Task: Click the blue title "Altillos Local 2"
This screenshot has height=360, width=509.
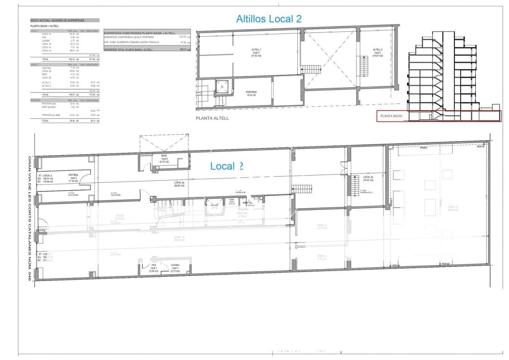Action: [x=269, y=19]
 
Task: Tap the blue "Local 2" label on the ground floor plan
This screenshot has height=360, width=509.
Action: [x=227, y=166]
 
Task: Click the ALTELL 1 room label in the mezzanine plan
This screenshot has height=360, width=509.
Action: [x=256, y=53]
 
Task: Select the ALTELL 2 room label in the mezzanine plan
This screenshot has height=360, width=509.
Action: [x=377, y=53]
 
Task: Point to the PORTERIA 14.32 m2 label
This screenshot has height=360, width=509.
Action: [x=251, y=93]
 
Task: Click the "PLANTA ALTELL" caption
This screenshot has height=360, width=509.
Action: [x=212, y=118]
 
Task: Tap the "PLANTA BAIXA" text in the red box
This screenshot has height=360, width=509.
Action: [x=391, y=116]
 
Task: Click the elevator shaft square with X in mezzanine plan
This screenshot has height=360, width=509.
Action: [x=222, y=87]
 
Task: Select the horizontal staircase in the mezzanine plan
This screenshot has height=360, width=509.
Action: [x=311, y=69]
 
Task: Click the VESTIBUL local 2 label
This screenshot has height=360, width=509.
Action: [x=73, y=178]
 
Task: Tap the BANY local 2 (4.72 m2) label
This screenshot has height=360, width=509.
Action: [x=164, y=159]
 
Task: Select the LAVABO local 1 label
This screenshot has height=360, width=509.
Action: [x=175, y=268]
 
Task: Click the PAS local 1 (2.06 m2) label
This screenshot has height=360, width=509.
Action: [x=154, y=268]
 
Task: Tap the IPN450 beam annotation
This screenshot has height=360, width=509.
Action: [x=424, y=148]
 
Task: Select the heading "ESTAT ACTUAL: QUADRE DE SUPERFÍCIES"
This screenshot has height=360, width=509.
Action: [x=65, y=21]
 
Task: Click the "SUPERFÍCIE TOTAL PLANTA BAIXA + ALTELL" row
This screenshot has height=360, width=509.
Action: [x=147, y=49]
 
